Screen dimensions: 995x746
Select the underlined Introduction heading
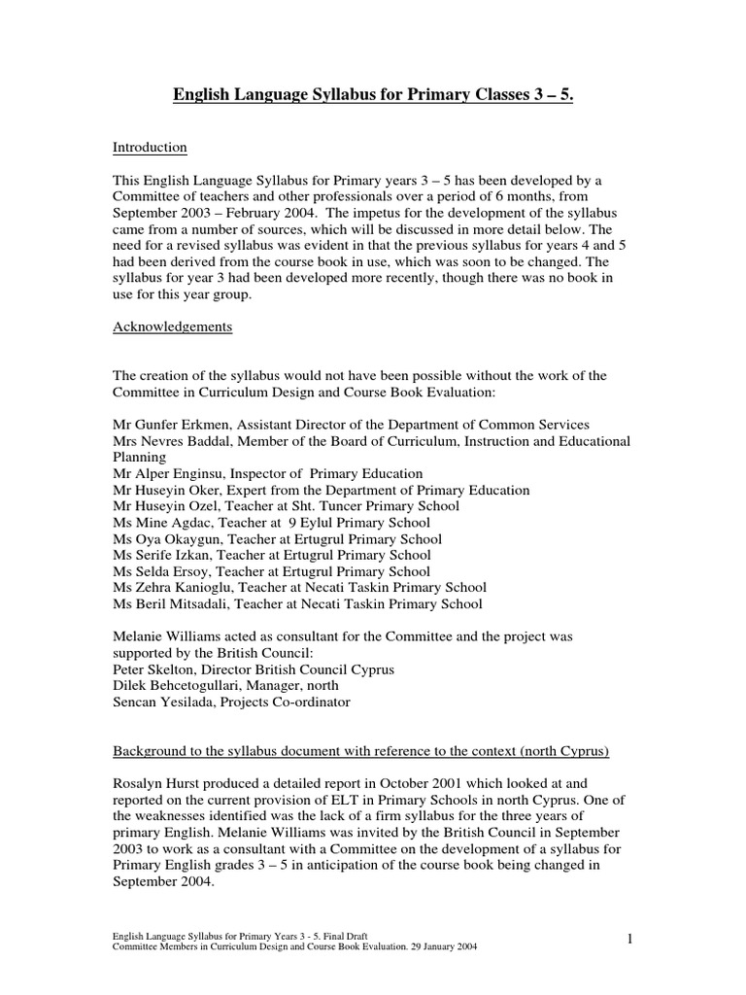151,148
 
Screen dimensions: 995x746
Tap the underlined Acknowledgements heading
173,327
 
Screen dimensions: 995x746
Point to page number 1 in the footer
629,938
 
